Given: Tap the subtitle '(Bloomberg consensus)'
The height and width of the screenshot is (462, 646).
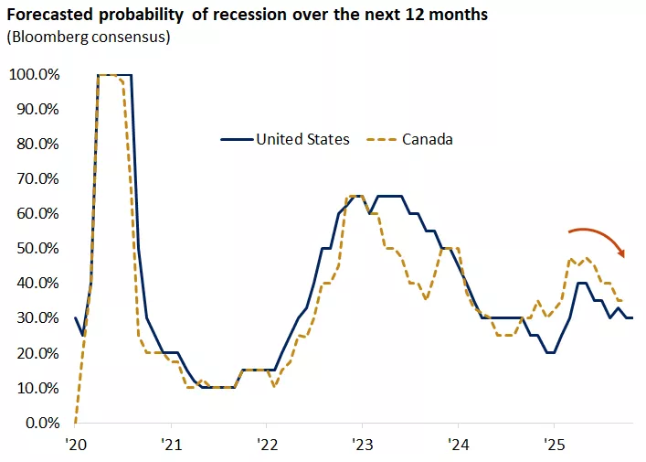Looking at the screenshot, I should tap(88, 38).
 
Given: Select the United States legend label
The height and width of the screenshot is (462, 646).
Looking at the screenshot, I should tap(302, 139).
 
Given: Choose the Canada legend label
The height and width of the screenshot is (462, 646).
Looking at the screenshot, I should tap(428, 139).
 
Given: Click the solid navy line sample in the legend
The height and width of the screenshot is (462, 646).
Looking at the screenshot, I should tap(236, 140).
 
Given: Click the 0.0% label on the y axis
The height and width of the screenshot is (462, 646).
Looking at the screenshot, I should tap(40, 423).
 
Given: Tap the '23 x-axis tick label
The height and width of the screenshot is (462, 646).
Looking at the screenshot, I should tap(362, 444).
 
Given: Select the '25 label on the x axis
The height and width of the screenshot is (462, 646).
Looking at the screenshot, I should tap(553, 444).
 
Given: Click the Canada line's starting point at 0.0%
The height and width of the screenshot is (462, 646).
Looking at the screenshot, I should tap(75, 422).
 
